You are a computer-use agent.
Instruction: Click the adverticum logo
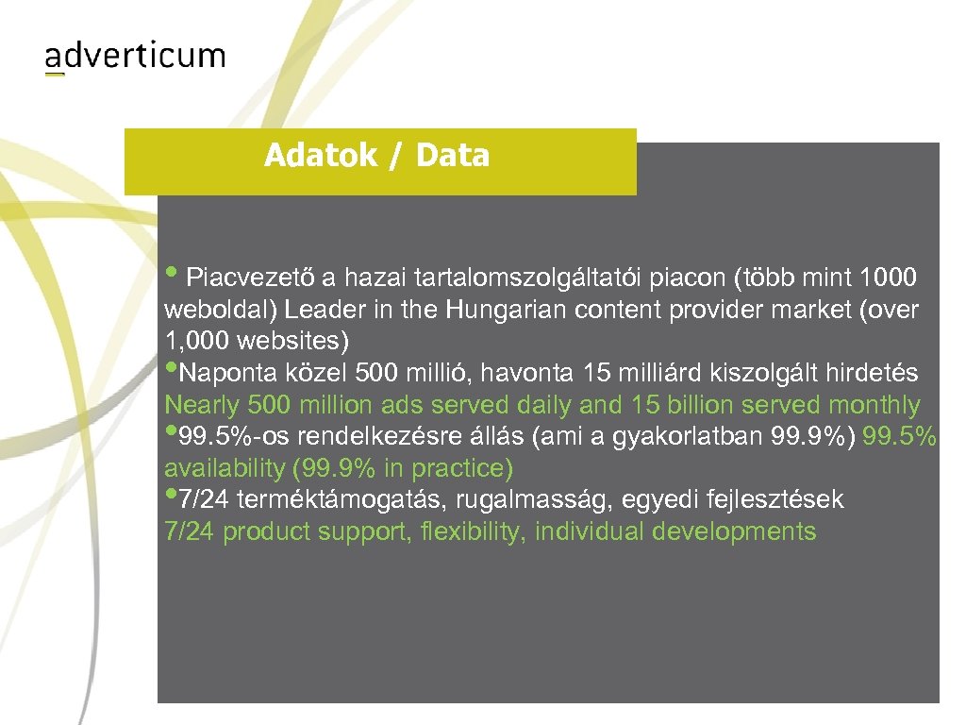tap(135, 57)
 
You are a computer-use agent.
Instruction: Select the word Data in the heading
tap(452, 155)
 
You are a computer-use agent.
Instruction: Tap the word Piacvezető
tap(251, 278)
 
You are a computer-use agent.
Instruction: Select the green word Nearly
tap(200, 406)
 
